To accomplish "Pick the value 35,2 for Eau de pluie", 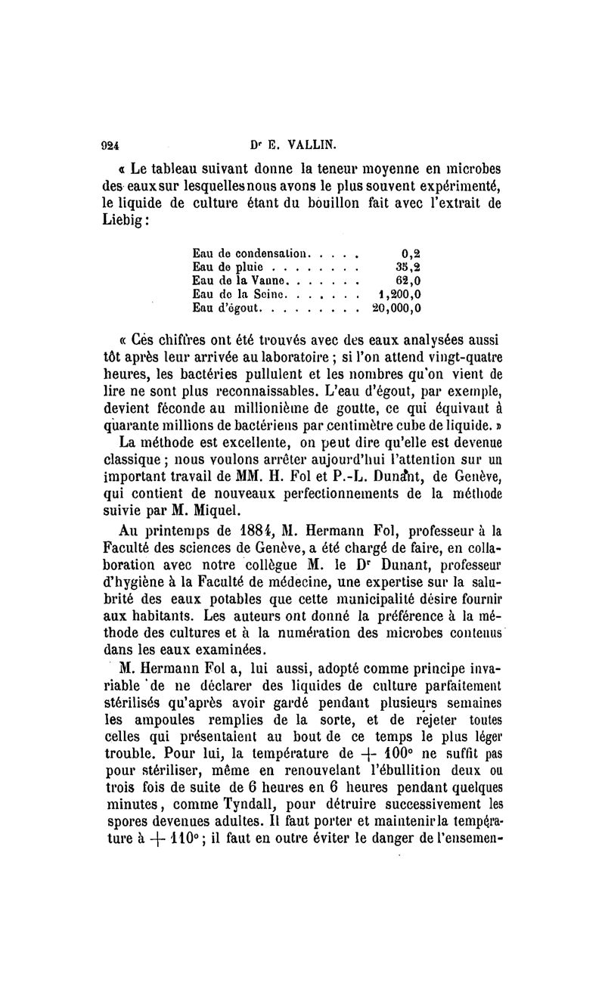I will click(407, 267).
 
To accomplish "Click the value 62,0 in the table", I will click(407, 281).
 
